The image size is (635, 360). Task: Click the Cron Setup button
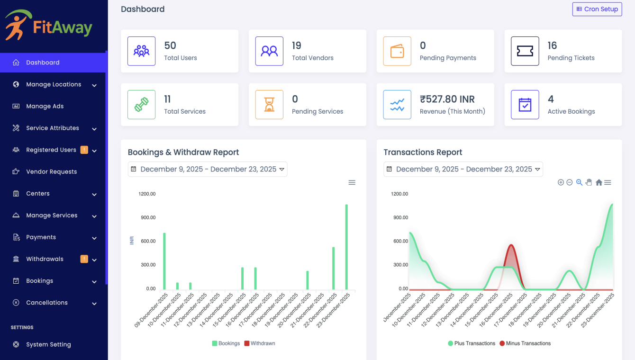point(597,9)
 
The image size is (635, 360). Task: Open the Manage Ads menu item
point(45,106)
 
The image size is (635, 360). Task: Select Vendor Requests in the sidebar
point(51,171)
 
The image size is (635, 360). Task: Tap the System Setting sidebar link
point(48,344)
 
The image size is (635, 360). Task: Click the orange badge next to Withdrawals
point(84,259)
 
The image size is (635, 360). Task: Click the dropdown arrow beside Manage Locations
point(94,85)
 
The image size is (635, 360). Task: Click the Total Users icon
point(141,51)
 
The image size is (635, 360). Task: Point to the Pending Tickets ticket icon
point(525,51)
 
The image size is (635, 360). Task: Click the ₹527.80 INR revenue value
point(447,99)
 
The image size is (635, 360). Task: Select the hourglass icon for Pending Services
point(269,105)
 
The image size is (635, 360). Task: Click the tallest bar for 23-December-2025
point(346,246)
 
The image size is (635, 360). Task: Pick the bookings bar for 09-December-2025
point(164,261)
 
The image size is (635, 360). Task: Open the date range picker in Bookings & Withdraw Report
point(208,169)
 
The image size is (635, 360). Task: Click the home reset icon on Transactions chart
point(599,182)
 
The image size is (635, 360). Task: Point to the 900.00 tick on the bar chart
point(147,217)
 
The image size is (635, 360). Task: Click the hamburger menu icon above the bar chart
point(352,182)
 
